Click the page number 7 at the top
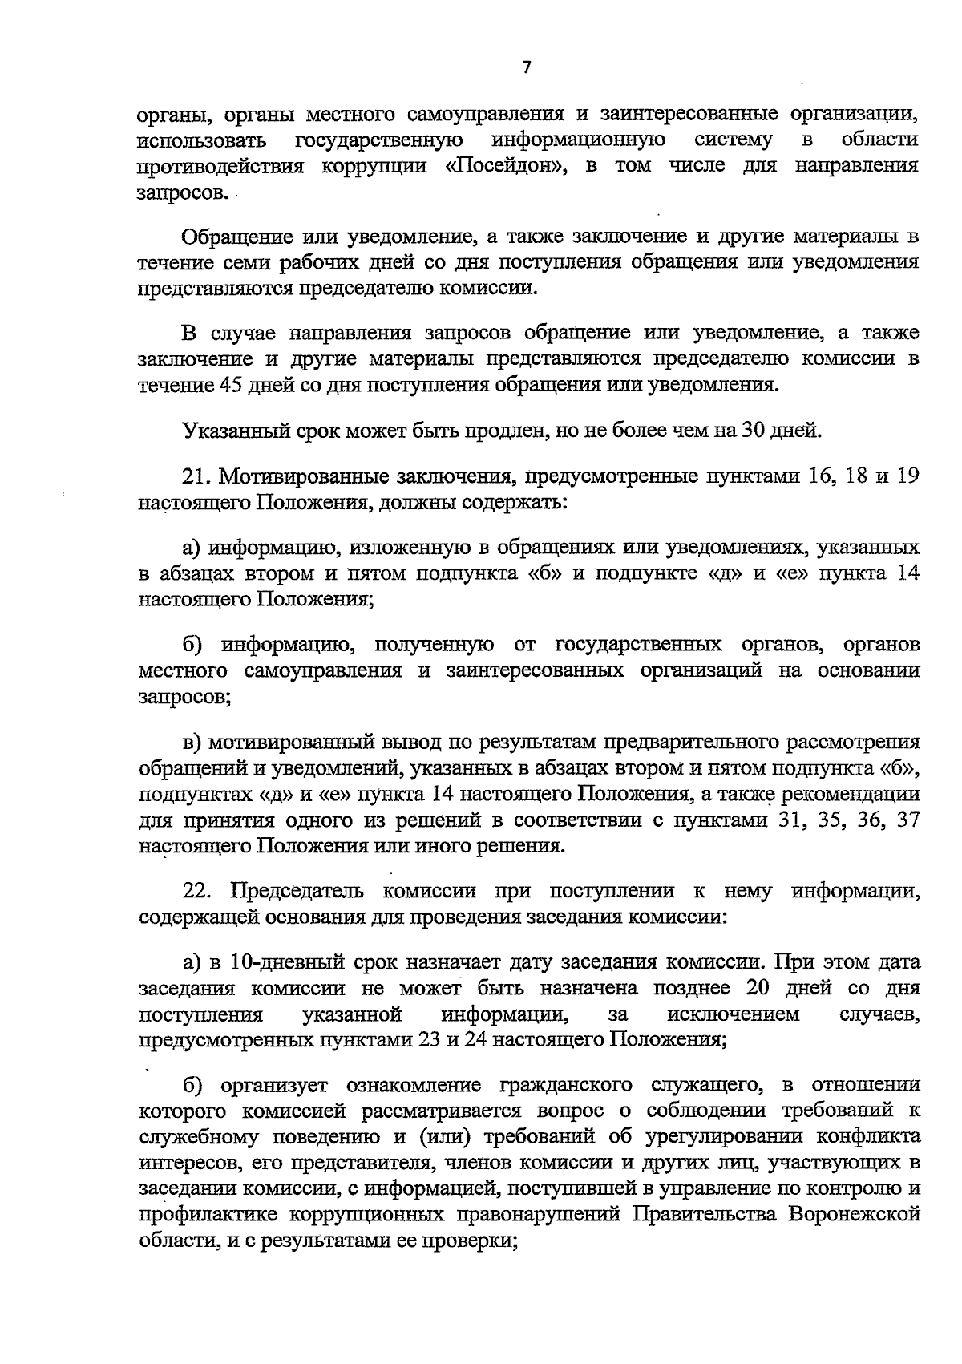[x=526, y=68]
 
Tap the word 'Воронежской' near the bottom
[x=855, y=1213]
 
